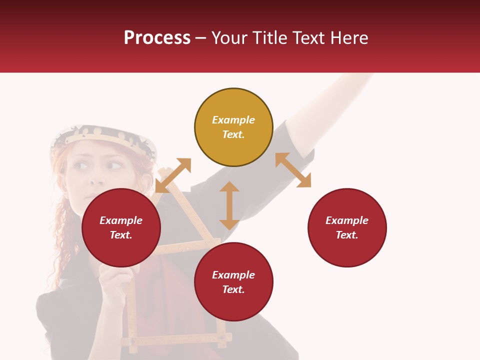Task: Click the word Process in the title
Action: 157,38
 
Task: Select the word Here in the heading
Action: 349,38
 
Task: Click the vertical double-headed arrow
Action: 229,205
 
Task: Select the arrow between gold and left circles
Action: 173,175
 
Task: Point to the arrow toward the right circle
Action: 293,170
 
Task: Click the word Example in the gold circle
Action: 233,120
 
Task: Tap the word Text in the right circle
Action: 347,235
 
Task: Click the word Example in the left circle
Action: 121,220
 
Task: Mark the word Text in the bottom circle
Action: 233,289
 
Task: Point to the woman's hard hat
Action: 102,137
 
